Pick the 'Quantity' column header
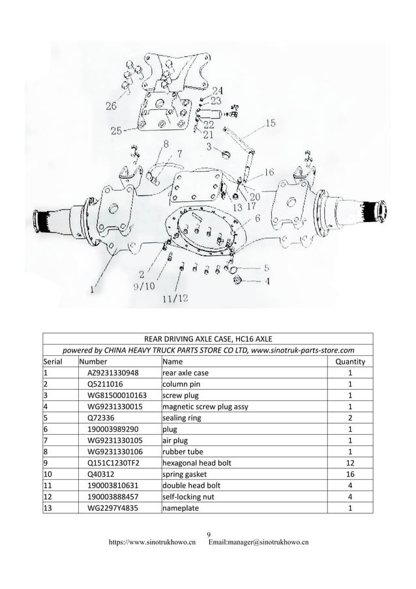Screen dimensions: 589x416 (349, 361)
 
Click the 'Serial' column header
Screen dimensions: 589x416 (56, 361)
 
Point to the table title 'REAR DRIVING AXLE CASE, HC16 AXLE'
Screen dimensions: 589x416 (208, 338)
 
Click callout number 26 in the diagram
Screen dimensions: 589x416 (111, 104)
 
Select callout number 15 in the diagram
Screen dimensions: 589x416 (270, 123)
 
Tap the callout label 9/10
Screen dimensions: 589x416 (145, 285)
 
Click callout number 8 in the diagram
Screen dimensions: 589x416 (166, 144)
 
